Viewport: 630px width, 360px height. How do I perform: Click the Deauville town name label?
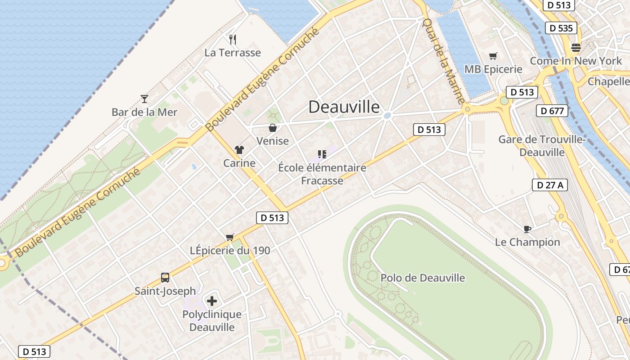(x=344, y=107)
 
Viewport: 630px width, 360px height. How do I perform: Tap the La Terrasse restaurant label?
(x=233, y=53)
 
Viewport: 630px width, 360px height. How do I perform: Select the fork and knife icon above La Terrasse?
(x=233, y=40)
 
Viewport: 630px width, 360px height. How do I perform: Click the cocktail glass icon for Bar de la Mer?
(x=144, y=99)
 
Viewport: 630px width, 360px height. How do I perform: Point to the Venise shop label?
(x=272, y=141)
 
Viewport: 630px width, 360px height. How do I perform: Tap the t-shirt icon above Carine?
(x=239, y=150)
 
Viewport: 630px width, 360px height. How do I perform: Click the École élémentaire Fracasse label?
(x=322, y=174)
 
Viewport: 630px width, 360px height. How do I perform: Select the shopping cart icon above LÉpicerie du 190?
(x=230, y=237)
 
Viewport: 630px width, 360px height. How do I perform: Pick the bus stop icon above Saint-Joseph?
(x=165, y=278)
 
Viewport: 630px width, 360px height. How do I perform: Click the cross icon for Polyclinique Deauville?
(x=212, y=301)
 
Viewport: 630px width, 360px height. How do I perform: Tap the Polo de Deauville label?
(x=423, y=278)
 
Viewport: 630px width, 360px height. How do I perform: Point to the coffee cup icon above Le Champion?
(x=527, y=229)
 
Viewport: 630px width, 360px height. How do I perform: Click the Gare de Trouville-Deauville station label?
(x=542, y=146)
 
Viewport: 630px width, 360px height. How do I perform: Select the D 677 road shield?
(x=552, y=111)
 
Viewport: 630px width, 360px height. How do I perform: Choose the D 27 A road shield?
(x=549, y=184)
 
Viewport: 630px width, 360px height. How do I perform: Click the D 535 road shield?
(x=561, y=28)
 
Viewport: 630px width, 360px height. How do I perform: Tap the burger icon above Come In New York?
(x=576, y=47)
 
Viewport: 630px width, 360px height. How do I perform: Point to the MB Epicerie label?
(x=493, y=69)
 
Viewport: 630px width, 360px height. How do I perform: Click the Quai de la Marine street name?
(x=443, y=61)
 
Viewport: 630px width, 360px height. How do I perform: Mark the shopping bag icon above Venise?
(x=272, y=128)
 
